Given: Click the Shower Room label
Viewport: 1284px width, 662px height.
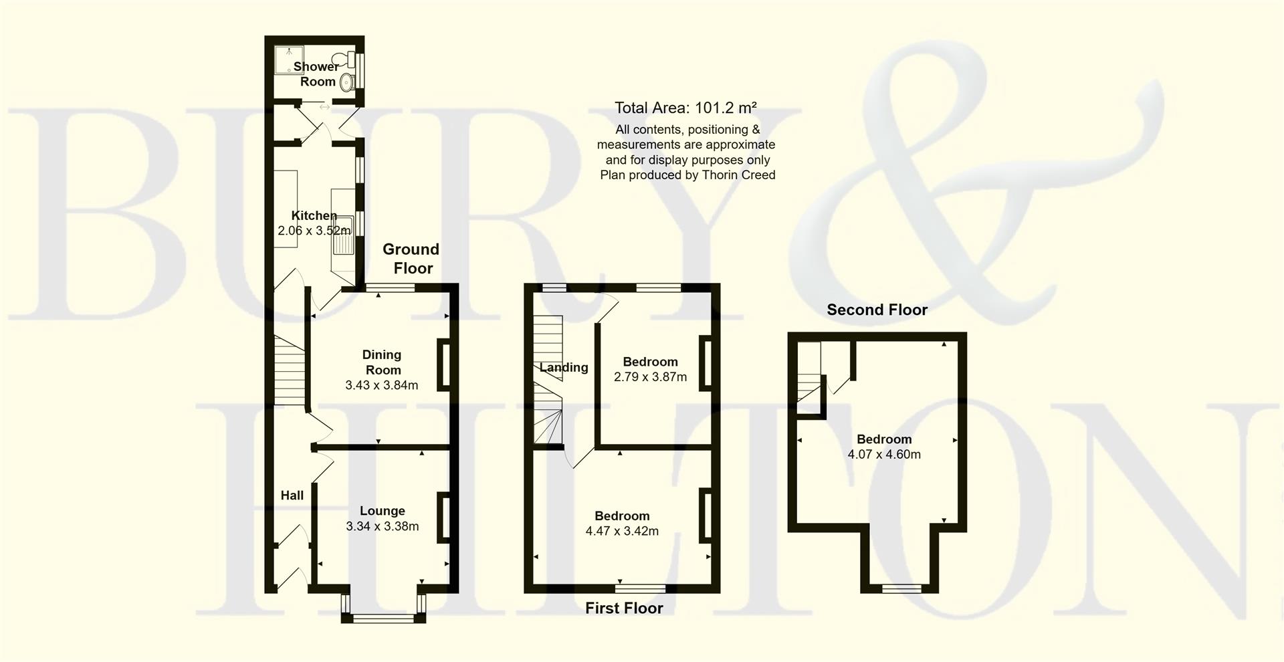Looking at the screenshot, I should tap(316, 74).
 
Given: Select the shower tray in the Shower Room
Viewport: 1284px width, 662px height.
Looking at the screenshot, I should tap(289, 59).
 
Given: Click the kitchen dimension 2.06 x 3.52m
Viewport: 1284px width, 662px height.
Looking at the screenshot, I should tap(314, 231).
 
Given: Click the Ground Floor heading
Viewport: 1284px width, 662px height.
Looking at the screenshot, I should tap(411, 259).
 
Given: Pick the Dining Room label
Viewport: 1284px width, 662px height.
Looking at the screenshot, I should tap(382, 362).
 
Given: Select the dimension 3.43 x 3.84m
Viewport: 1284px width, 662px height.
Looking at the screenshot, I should tap(382, 385).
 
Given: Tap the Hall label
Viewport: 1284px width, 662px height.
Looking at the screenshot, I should tap(292, 495).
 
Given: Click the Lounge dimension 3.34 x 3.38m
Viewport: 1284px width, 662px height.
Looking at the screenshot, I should tap(383, 526).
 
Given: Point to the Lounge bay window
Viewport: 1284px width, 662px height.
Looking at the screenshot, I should tap(383, 617).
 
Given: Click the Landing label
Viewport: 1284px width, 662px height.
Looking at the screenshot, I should tap(564, 367).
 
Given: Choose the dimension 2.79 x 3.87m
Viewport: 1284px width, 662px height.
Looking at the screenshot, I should tap(650, 377).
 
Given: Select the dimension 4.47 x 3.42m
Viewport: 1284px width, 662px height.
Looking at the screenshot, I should tap(622, 532).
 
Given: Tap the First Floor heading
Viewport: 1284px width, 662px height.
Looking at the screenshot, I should tap(624, 608).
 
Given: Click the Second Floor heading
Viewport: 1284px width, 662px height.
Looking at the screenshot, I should tap(877, 310).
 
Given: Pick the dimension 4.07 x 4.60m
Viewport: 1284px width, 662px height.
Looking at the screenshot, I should tap(884, 455).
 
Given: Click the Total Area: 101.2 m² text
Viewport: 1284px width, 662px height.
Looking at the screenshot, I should tap(685, 108).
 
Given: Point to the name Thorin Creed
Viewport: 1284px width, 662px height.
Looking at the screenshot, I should tap(739, 175).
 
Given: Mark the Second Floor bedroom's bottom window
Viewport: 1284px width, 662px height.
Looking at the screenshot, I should tap(901, 589).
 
